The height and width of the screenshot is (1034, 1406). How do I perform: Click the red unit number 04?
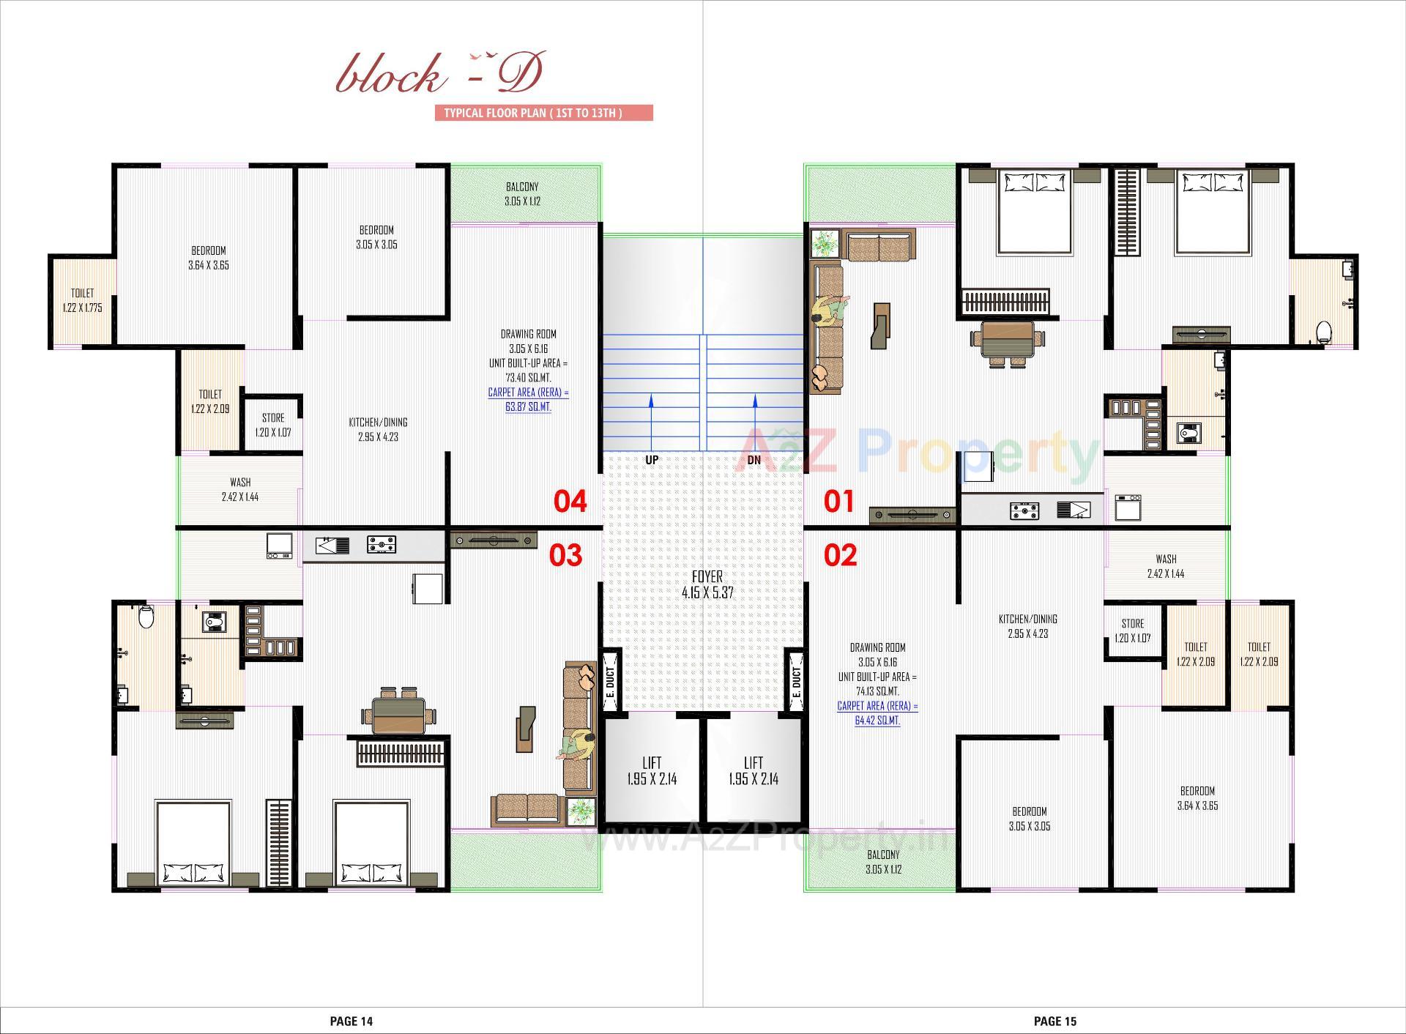tap(570, 502)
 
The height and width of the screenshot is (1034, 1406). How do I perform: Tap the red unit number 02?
tap(840, 555)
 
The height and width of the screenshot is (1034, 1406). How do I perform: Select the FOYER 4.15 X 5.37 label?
tap(707, 585)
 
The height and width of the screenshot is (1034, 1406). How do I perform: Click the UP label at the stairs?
tap(651, 460)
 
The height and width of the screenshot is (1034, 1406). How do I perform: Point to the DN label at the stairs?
tap(754, 460)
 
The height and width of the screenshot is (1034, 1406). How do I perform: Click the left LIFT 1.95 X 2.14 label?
tap(651, 771)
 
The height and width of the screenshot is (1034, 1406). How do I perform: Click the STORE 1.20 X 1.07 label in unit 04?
tap(273, 425)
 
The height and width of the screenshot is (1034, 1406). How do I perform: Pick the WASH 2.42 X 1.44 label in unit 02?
tap(1166, 566)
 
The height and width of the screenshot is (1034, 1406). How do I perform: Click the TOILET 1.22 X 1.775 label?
tap(82, 300)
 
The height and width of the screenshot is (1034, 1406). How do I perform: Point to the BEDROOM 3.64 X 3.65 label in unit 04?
tap(209, 258)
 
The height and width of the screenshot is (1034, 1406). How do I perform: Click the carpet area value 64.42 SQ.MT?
tap(877, 721)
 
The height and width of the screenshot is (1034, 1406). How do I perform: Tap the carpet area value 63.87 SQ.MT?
tap(528, 407)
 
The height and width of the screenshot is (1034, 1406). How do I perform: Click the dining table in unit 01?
tap(1007, 341)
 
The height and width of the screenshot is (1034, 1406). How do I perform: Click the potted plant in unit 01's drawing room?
tap(826, 242)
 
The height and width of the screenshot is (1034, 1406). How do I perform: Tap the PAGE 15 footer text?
tap(1054, 1021)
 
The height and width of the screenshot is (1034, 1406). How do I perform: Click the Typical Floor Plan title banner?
tap(543, 113)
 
